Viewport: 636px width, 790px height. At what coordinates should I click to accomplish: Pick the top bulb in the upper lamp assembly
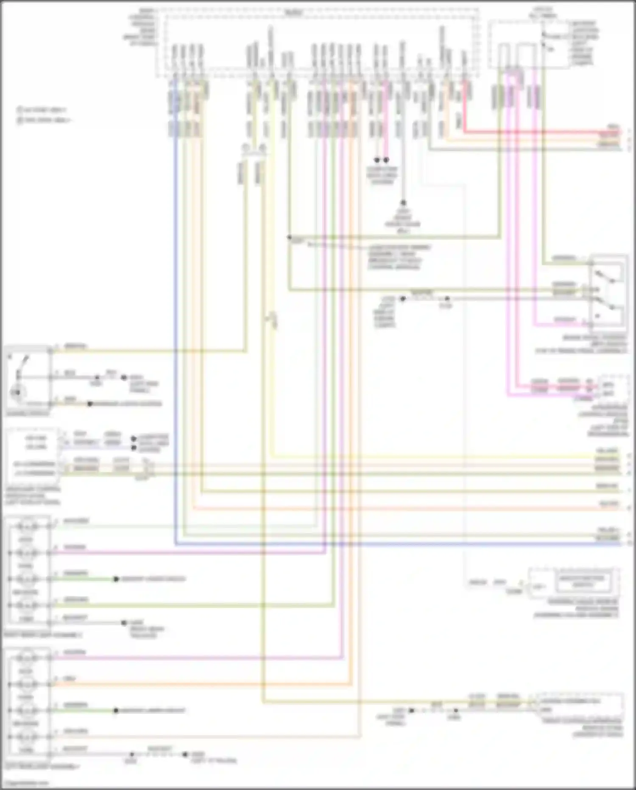pos(27,527)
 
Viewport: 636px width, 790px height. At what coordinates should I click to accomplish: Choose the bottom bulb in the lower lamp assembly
pos(27,737)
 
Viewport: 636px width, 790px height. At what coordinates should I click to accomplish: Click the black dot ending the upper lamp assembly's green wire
pos(116,579)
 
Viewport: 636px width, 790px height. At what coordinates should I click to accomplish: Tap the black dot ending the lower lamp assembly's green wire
pos(115,711)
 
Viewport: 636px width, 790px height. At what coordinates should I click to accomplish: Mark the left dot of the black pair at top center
pos(377,160)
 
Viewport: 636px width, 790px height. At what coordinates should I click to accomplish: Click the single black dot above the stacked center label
pos(403,203)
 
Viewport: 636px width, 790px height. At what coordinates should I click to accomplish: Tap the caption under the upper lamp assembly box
pos(42,635)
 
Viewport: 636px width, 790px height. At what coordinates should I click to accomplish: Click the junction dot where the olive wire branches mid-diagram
pos(290,237)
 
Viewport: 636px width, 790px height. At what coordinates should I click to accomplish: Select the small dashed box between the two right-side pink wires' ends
pos(613,389)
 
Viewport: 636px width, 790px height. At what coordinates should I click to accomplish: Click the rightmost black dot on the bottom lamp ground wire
pos(185,754)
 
